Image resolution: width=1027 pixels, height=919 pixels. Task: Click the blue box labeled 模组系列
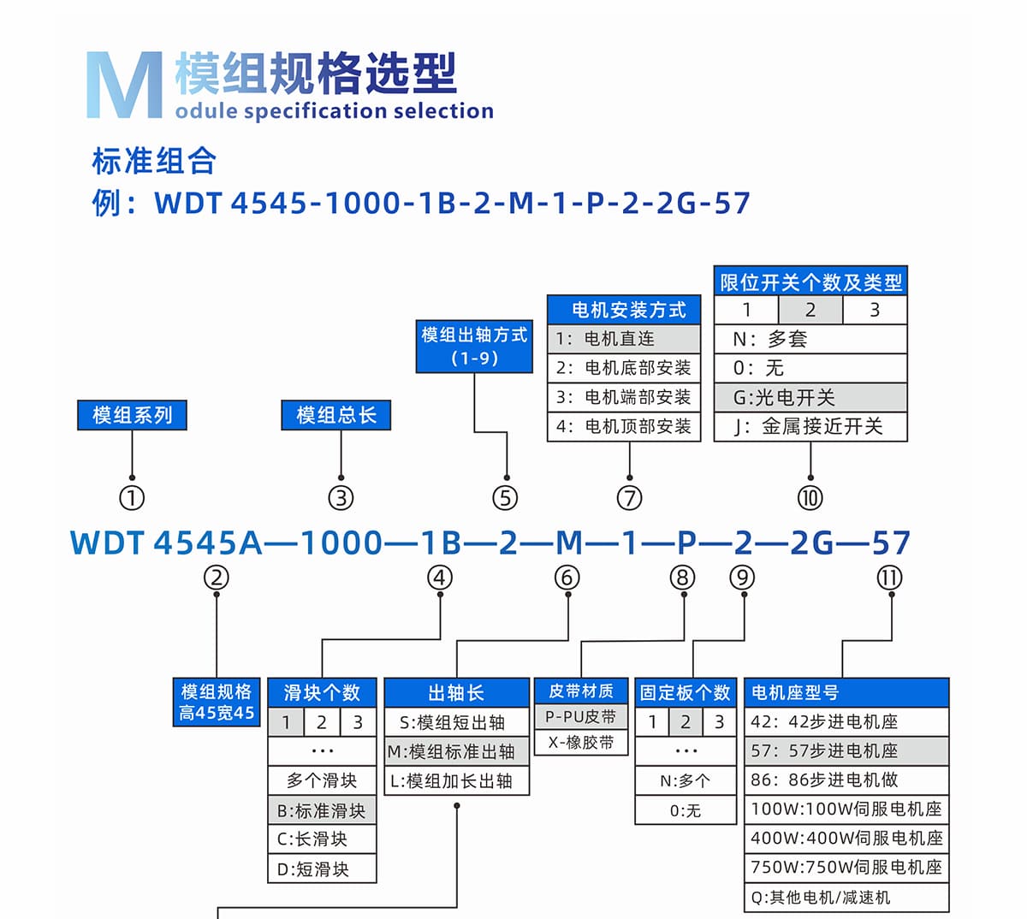click(132, 415)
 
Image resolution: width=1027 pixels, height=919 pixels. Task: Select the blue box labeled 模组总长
click(335, 415)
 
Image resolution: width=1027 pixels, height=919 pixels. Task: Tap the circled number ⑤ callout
click(505, 497)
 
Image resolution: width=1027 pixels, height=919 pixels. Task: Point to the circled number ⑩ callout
click(810, 497)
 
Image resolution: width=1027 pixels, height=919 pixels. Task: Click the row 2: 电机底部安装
click(623, 368)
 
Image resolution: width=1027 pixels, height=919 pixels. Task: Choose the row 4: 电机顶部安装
click(623, 426)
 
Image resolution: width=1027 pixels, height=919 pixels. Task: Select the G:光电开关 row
click(810, 397)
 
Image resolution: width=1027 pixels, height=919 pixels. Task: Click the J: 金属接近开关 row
click(810, 426)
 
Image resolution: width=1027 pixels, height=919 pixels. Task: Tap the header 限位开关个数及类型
click(810, 282)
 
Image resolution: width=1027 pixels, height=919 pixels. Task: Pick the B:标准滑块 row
click(322, 810)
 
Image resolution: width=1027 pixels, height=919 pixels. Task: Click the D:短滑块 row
click(322, 869)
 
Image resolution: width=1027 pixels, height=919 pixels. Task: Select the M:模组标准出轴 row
click(456, 751)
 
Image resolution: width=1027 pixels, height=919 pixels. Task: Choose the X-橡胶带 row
click(581, 743)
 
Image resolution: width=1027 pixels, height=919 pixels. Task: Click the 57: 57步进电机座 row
click(846, 750)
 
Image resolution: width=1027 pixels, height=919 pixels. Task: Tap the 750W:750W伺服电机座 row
click(846, 867)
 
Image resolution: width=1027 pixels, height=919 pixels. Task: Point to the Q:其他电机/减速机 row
click(846, 897)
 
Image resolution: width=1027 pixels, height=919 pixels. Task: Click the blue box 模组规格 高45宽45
click(217, 702)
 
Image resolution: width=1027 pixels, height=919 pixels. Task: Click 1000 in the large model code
click(341, 543)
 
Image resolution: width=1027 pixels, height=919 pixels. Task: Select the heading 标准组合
click(154, 161)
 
